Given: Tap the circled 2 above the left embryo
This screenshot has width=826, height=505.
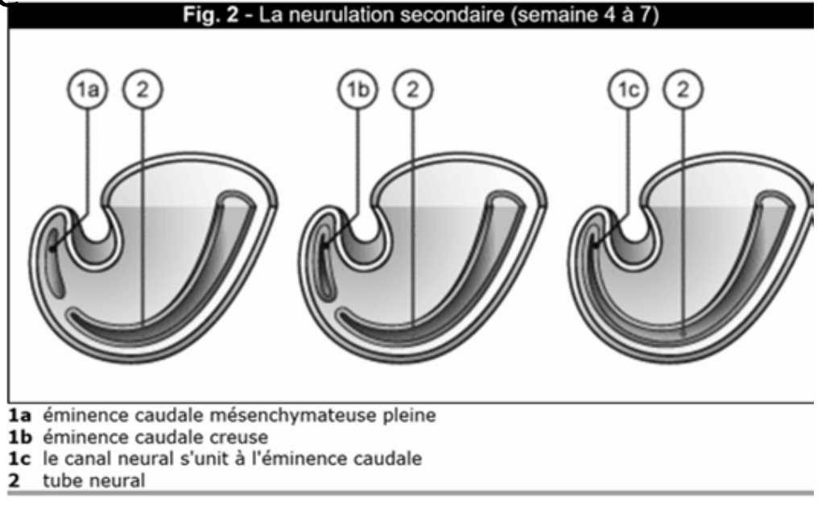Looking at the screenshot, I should tap(142, 94).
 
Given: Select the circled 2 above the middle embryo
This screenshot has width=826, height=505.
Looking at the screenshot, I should tap(412, 94).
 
